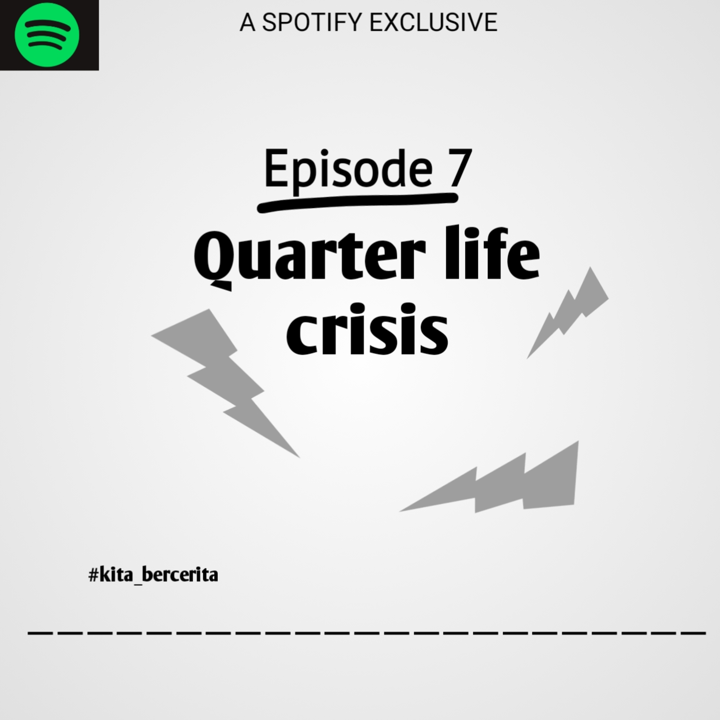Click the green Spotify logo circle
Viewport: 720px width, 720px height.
pos(47,35)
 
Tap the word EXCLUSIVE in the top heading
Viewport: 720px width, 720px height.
pos(433,22)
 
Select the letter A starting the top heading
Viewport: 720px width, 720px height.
pos(247,22)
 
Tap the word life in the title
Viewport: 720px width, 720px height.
pos(492,252)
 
